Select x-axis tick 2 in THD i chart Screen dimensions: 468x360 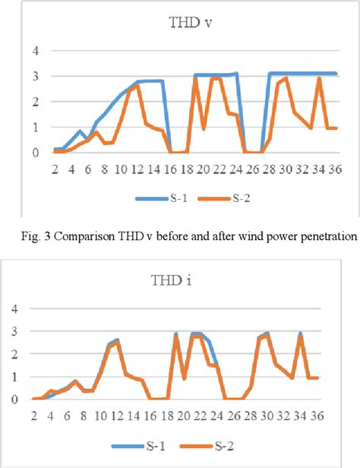click(x=33, y=415)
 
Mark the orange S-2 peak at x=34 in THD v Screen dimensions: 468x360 click(x=320, y=78)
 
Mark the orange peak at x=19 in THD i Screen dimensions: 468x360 click(x=176, y=336)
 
